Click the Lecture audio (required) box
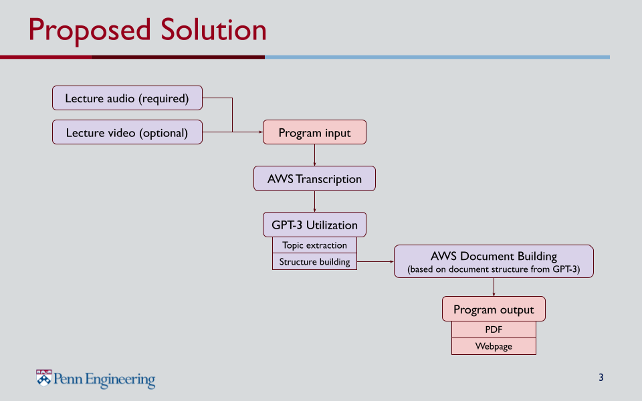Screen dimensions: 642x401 coord(127,98)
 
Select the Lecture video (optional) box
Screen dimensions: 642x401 coord(127,132)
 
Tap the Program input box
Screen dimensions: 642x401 coord(314,132)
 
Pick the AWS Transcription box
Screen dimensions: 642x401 coord(314,178)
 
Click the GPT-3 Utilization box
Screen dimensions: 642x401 coord(314,225)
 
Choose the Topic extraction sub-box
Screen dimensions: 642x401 coord(314,245)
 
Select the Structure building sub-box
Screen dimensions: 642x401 coord(314,261)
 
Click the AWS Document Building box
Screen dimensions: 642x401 coord(494,261)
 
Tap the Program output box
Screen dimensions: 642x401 coord(494,309)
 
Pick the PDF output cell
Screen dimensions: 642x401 coord(494,329)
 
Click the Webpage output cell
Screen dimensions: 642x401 coord(494,346)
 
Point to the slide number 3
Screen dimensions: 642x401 coord(601,377)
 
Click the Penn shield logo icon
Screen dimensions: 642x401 coord(44,378)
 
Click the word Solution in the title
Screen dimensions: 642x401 coord(213,30)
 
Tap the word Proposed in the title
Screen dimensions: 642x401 coord(90,31)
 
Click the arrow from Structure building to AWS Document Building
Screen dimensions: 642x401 coord(375,261)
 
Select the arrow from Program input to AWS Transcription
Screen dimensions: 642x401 coord(314,155)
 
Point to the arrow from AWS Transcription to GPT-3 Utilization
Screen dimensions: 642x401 coord(314,201)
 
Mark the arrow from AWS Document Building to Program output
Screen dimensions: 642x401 coord(494,287)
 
